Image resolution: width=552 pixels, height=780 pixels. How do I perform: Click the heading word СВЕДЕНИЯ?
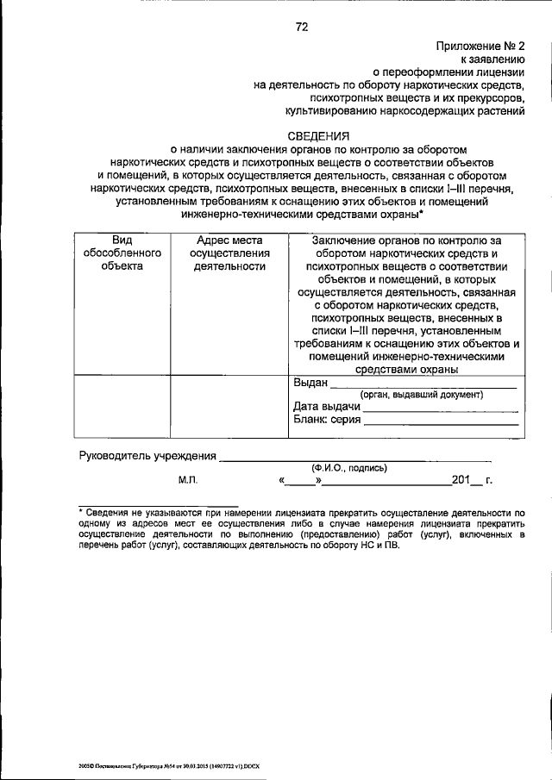pyautogui.click(x=319, y=134)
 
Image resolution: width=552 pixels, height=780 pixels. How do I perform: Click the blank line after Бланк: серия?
pyautogui.click(x=440, y=421)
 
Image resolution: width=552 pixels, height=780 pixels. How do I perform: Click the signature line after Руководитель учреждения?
pyautogui.click(x=354, y=457)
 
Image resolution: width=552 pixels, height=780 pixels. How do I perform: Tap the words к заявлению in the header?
pyautogui.click(x=494, y=59)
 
